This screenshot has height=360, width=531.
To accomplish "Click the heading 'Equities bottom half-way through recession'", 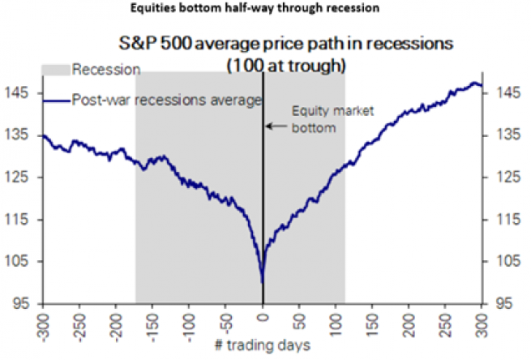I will click(x=266, y=10).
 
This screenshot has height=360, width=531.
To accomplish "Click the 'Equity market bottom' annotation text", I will click(x=314, y=119).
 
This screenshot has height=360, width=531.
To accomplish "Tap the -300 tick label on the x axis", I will click(x=43, y=322).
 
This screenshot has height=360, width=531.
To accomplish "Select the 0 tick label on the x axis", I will click(x=263, y=315).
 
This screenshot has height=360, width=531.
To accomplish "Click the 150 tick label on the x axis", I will click(x=373, y=319).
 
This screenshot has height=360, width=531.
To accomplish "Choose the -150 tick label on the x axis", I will click(x=153, y=322).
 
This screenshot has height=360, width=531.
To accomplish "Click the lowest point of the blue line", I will click(x=263, y=283).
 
